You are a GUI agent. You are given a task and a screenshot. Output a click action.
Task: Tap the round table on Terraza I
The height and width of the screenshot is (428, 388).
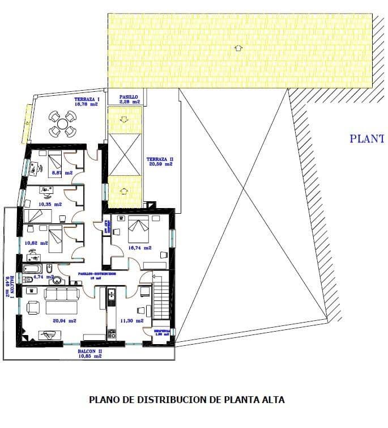pos(62,122)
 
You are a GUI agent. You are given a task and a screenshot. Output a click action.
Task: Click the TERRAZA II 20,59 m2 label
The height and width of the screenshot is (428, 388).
pos(159,162)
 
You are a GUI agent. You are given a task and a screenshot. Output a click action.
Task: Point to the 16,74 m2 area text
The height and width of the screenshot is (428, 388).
pos(140,248)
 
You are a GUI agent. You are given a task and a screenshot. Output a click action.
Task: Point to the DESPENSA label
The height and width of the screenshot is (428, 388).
pos(162,330)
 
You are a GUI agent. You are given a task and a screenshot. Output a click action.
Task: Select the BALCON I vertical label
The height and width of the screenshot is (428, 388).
pos(9,285)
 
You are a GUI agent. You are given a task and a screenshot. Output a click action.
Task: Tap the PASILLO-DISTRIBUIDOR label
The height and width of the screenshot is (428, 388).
pos(97,274)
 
